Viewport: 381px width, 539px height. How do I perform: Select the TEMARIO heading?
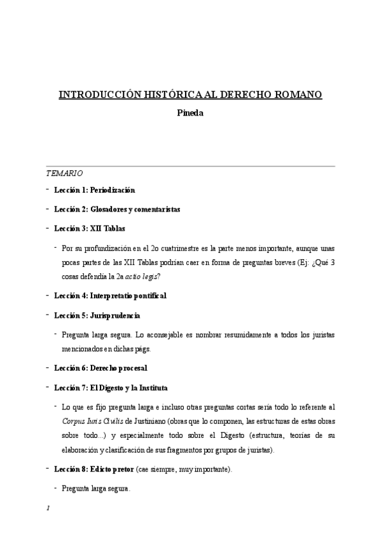[x=64, y=173]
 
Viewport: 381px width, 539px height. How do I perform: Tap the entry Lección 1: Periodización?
[x=94, y=189]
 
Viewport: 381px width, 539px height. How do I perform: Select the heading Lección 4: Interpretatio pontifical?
[x=110, y=296]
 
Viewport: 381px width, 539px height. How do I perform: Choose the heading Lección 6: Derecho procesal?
[x=100, y=367]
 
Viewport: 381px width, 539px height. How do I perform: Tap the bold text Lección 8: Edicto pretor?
[x=94, y=469]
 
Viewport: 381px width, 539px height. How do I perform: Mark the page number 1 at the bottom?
[x=48, y=509]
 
